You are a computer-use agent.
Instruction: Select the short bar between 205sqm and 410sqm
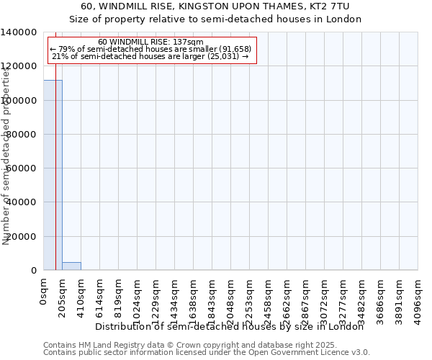pyautogui.click(x=71, y=266)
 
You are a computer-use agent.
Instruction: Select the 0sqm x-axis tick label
pyautogui.click(x=44, y=292)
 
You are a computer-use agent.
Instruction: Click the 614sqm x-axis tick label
pyautogui.click(x=100, y=294)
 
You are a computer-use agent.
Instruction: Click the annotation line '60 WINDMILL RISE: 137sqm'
pyautogui.click(x=151, y=42)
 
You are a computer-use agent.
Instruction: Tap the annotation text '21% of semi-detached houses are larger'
pyautogui.click(x=151, y=56)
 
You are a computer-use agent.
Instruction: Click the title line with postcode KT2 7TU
pyautogui.click(x=215, y=6)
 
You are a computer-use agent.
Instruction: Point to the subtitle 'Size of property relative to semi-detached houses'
pyautogui.click(x=215, y=19)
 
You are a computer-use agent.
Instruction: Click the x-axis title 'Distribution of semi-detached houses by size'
pyautogui.click(x=230, y=326)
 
